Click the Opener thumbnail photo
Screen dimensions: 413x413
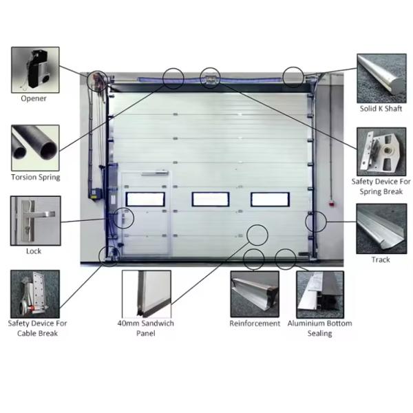(35, 70)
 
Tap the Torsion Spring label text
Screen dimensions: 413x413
(36, 177)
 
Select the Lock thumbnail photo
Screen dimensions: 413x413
(36, 221)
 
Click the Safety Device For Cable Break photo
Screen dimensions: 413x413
(35, 294)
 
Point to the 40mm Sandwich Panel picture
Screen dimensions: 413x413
(147, 294)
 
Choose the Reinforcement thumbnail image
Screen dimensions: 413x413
(255, 294)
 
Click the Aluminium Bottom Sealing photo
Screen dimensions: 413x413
(320, 295)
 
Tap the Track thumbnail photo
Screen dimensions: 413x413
(381, 229)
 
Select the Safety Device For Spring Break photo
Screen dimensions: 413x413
(381, 151)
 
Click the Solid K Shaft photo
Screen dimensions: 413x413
(381, 78)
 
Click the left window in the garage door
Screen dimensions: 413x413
(145, 199)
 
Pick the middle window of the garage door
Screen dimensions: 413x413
(211, 199)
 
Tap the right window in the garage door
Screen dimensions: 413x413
(270, 200)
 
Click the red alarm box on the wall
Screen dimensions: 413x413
(332, 204)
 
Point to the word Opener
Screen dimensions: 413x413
(34, 98)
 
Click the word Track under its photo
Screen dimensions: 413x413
(381, 260)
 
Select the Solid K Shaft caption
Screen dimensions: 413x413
(381, 109)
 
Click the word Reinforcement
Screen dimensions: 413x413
(255, 324)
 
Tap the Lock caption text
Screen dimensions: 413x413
(34, 251)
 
